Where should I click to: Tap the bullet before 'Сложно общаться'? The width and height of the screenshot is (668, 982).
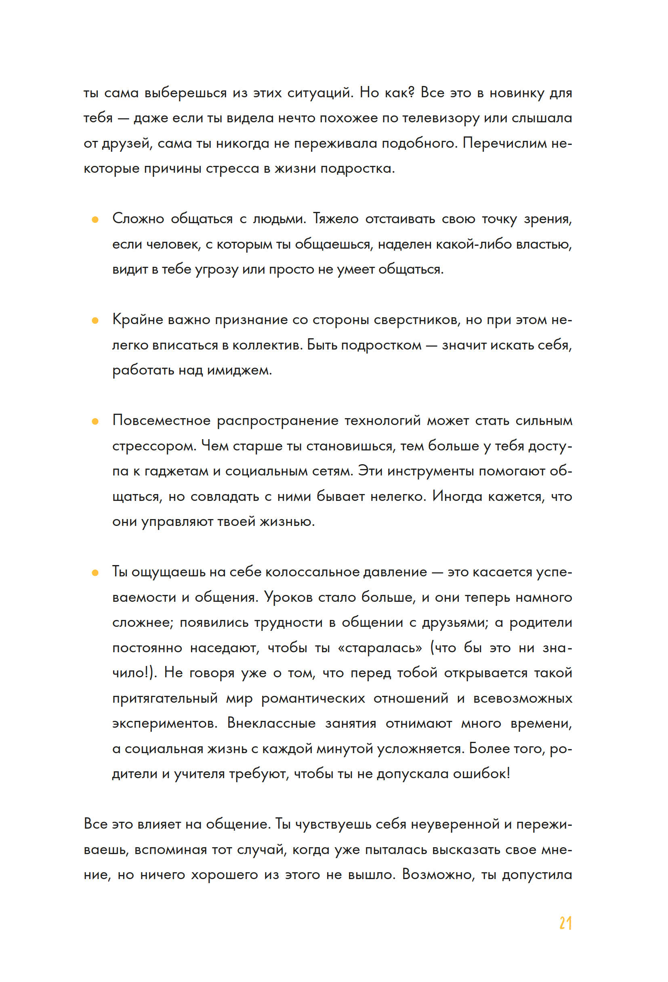[95, 219]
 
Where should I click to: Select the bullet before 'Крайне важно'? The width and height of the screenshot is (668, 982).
[95, 321]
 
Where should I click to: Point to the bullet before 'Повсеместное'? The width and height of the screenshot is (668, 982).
[95, 421]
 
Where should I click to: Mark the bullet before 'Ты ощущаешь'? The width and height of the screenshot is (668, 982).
[95, 573]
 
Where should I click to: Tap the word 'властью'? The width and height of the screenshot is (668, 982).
[544, 244]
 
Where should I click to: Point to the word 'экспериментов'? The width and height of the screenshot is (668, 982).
[164, 723]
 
